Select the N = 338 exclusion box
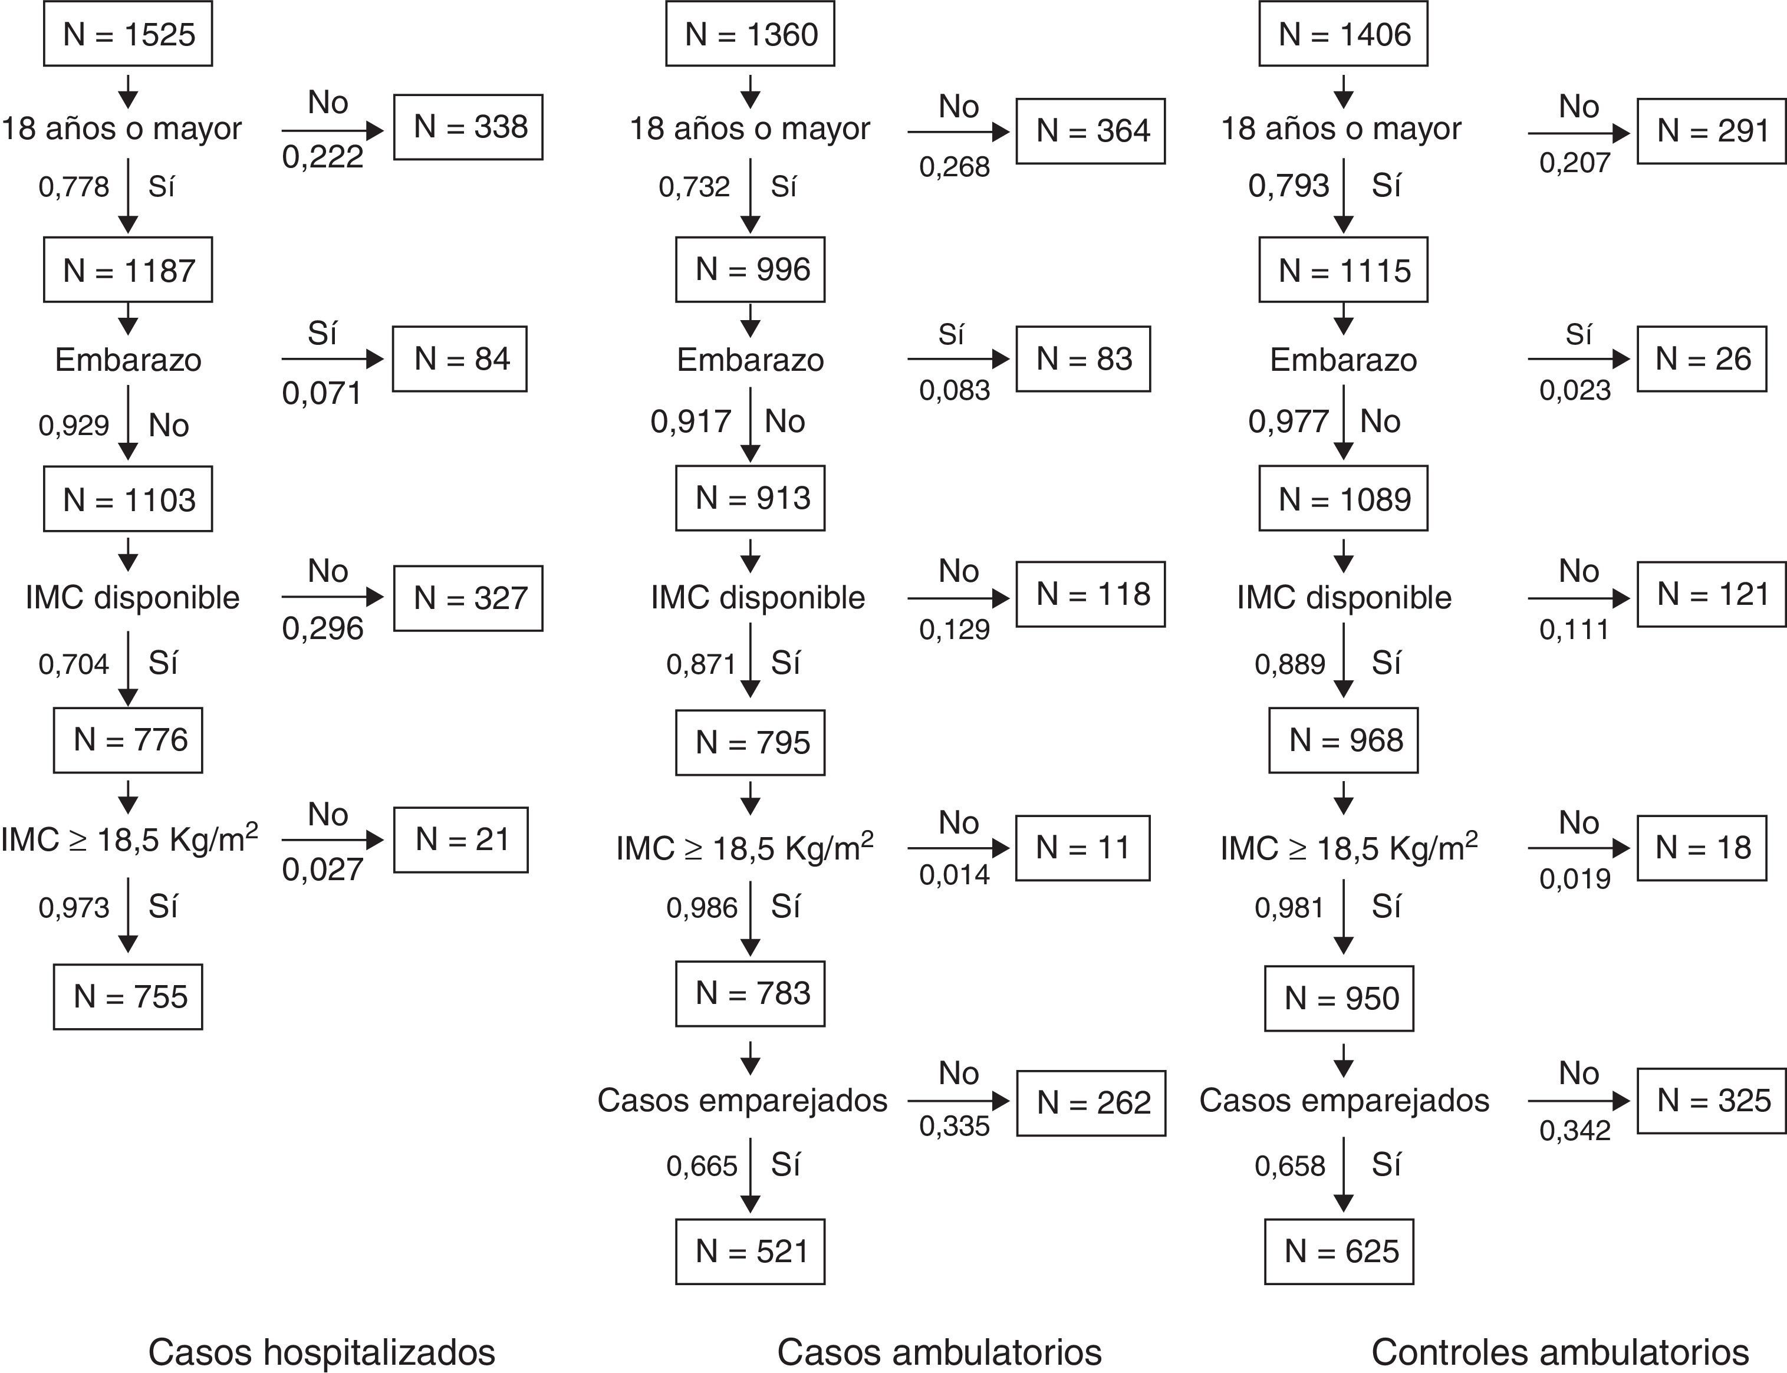(468, 127)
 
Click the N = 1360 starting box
(749, 34)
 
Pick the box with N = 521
(749, 1251)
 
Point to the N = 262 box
(1090, 1102)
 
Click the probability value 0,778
(74, 187)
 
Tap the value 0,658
(1289, 1166)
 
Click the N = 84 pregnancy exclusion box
(459, 359)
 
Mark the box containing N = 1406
(1342, 34)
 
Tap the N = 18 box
(1701, 848)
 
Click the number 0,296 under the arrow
(322, 628)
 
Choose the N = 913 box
(749, 498)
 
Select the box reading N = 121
(1711, 594)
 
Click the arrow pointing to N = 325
(1578, 1101)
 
